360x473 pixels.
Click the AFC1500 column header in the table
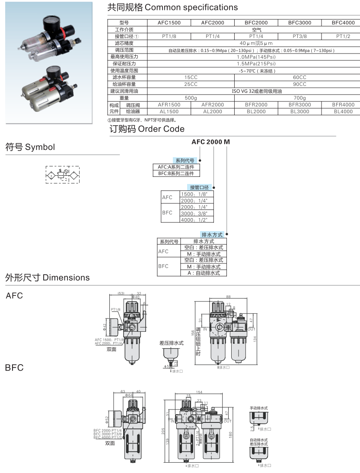click(x=169, y=22)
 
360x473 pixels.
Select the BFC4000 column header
click(x=343, y=22)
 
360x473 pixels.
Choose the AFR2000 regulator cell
click(x=212, y=105)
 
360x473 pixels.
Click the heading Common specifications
click(x=172, y=7)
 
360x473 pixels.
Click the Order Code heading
click(x=147, y=129)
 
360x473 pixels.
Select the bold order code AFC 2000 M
click(x=211, y=142)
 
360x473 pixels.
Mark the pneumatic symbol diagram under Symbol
click(x=63, y=174)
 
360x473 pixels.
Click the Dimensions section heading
click(x=48, y=277)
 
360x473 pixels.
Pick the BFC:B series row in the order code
click(x=176, y=173)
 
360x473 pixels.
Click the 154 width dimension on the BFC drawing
click(x=199, y=392)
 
